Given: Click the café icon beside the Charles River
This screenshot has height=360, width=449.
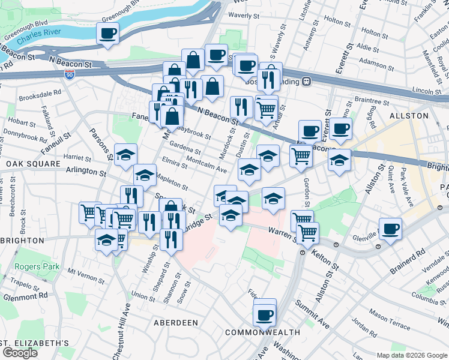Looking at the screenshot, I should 108,34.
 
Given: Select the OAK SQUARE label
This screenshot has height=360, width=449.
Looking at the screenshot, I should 33,163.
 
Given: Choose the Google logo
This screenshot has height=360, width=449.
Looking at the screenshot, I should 20,353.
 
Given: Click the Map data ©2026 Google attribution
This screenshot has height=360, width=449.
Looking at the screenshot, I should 412,355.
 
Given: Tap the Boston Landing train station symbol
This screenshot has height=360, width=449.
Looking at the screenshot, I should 306,81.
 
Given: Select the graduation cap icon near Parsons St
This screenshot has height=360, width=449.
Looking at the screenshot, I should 126,155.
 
